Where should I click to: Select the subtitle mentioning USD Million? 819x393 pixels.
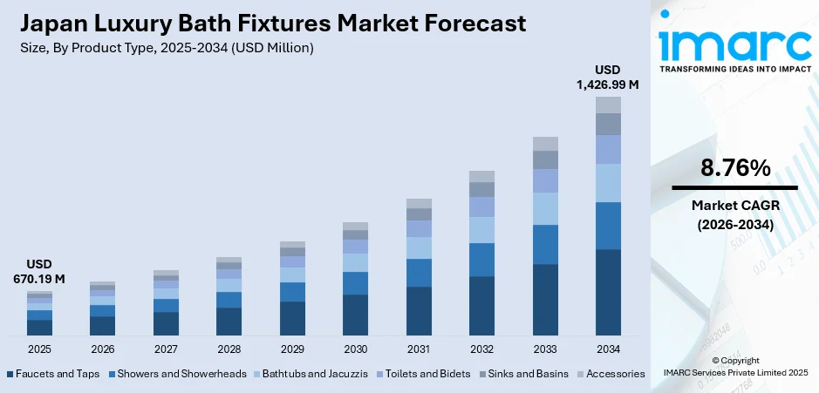[x=165, y=48]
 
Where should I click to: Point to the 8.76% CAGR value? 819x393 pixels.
[x=734, y=168]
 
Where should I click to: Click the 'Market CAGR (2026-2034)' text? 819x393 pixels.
[x=734, y=214]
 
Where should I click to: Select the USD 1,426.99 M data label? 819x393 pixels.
[x=607, y=77]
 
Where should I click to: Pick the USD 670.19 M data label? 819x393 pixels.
[x=39, y=272]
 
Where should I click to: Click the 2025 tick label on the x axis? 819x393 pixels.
[x=39, y=349]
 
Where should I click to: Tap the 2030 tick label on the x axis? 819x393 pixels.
[x=355, y=349]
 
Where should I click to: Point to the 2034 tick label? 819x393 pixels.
[x=608, y=349]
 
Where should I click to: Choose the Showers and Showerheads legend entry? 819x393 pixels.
[x=180, y=374]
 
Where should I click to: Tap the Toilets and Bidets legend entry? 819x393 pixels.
[x=429, y=374]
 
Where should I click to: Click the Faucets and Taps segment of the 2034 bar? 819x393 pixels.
[x=608, y=292]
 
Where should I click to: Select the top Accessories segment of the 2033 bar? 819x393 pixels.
[x=545, y=144]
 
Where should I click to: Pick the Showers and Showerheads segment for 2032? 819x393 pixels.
[x=481, y=260]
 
